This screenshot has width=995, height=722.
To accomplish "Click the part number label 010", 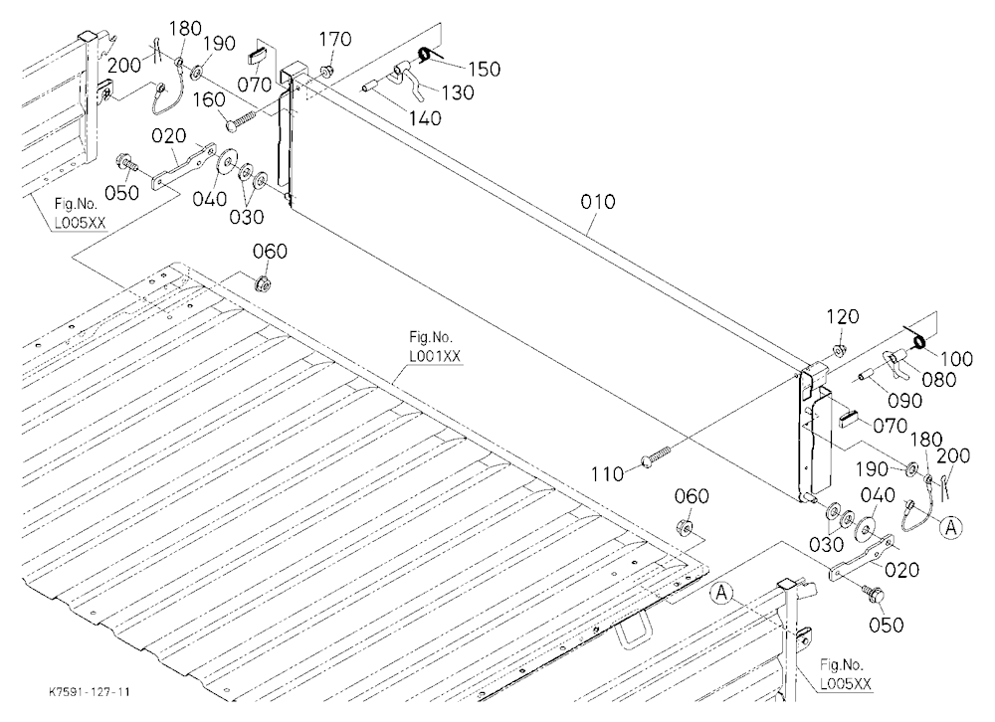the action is click(x=598, y=202).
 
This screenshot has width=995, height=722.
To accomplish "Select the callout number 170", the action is click(x=335, y=40).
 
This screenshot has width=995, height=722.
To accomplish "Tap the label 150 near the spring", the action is click(x=485, y=69).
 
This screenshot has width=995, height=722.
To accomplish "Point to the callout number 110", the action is click(x=607, y=474).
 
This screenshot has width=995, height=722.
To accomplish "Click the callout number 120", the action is click(x=843, y=316).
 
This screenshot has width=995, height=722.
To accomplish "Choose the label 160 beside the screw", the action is click(x=209, y=100).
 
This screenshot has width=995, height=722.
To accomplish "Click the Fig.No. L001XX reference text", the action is click(x=435, y=347).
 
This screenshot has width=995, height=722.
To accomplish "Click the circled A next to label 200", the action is click(x=951, y=527).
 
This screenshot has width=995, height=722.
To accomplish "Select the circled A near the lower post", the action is click(x=720, y=593).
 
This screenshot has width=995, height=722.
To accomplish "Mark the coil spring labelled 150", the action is click(x=424, y=56).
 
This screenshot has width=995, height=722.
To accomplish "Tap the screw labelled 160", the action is click(x=241, y=119).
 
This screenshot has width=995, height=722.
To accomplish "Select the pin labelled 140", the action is click(x=372, y=85).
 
